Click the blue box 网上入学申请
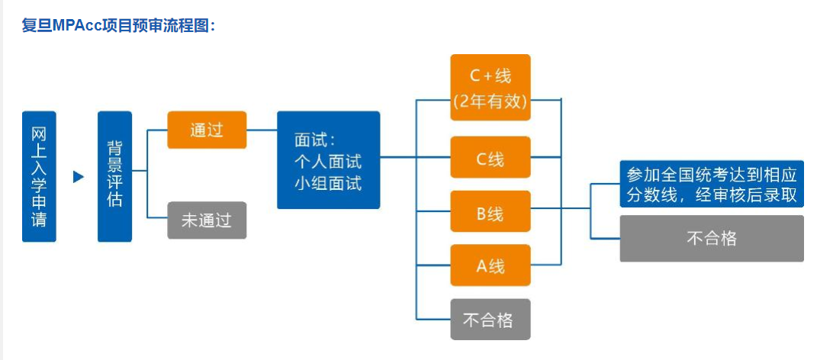(39, 176)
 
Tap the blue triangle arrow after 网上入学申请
(78, 177)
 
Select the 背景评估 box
(114, 176)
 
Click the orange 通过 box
(207, 130)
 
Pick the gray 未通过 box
(207, 220)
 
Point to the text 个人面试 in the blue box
(328, 162)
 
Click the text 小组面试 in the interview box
(328, 183)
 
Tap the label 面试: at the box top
(315, 140)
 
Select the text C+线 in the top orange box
(490, 76)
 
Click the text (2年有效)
(490, 101)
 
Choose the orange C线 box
(490, 159)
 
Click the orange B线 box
(490, 213)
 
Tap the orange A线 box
(490, 265)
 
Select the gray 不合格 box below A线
(490, 319)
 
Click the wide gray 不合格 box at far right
(711, 238)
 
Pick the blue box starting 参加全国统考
(711, 183)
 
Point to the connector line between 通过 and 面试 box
(262, 130)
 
